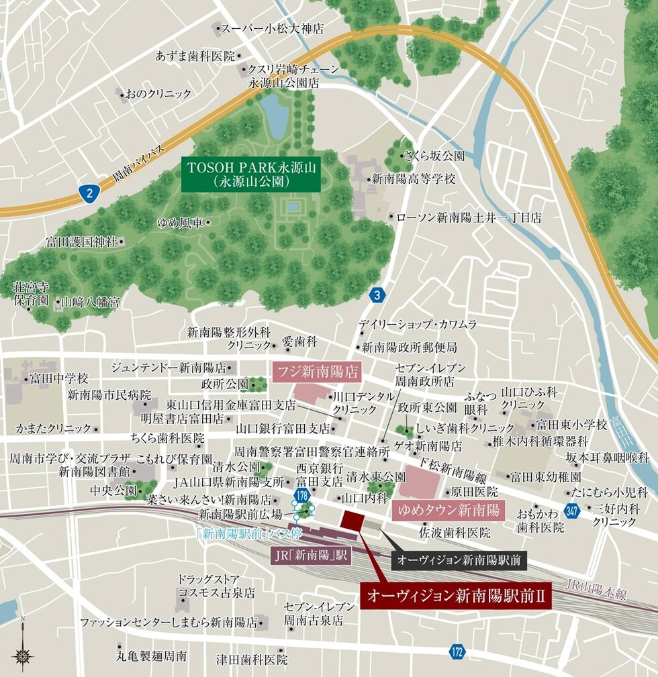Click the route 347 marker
(571, 511)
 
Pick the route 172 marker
(457, 651)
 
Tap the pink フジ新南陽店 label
(316, 370)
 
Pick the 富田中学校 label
(58, 378)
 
